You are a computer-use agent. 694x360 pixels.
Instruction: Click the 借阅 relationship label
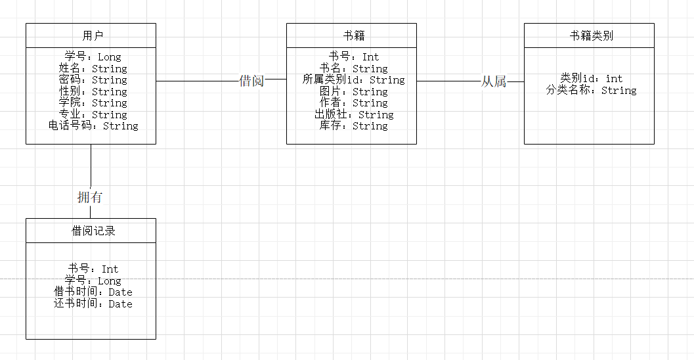click(252, 81)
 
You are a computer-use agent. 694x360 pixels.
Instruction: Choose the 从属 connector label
click(494, 81)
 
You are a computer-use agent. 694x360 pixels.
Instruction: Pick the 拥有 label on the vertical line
click(90, 196)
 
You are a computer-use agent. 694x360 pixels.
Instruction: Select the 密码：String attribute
click(93, 80)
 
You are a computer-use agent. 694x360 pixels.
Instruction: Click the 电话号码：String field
click(93, 125)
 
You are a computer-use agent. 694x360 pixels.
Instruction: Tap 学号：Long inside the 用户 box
click(93, 57)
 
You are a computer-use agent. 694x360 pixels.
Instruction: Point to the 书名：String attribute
click(354, 68)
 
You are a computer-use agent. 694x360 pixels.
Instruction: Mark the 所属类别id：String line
click(354, 80)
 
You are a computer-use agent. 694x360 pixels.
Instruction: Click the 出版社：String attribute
click(354, 114)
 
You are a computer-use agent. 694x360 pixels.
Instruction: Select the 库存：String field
click(354, 125)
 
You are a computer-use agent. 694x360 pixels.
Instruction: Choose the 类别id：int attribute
click(591, 79)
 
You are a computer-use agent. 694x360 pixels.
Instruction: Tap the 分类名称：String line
click(591, 91)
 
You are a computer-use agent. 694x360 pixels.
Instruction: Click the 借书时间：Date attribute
click(93, 292)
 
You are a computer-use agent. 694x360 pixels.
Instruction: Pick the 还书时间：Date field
click(93, 304)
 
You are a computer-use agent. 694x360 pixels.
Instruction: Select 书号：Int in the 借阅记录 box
click(93, 269)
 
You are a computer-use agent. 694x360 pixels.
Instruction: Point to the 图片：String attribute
click(354, 92)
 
